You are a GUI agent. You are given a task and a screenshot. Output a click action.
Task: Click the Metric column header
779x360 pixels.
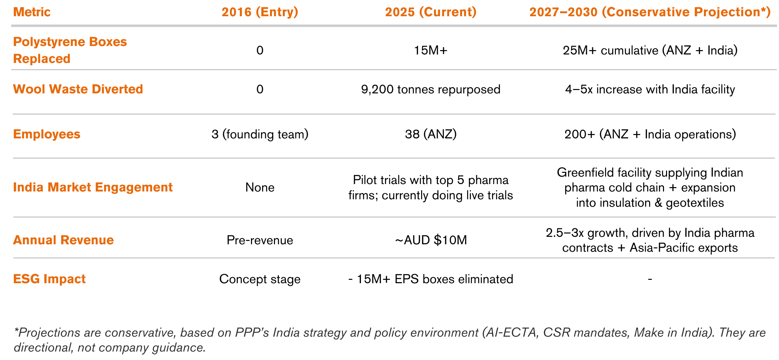coord(32,12)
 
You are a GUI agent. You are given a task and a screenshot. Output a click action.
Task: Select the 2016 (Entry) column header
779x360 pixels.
coord(260,12)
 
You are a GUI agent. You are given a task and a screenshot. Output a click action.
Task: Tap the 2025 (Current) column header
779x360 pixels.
coord(431,12)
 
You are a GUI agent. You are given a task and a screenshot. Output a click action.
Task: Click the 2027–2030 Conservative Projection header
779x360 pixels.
coord(650,12)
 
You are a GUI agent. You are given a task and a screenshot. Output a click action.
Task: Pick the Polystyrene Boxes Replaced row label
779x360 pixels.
coord(70,50)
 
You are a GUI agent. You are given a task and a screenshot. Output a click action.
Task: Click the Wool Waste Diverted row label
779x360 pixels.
coord(78,89)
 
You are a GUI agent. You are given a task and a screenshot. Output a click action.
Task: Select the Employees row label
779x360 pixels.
coord(47,134)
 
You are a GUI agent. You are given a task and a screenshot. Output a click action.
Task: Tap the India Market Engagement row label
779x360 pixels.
coord(93,187)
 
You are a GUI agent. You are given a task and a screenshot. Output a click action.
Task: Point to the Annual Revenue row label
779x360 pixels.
coord(63,240)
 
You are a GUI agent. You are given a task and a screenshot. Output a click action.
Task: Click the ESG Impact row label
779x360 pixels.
coord(49,279)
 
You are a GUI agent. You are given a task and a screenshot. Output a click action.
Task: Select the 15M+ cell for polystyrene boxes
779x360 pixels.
coord(431,50)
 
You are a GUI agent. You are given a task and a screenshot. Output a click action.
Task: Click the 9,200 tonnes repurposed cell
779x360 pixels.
coord(431,90)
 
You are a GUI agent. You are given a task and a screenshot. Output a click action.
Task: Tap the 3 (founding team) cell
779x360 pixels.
coord(260,134)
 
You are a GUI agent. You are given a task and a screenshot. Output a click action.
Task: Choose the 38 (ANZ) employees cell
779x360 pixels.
coord(431,134)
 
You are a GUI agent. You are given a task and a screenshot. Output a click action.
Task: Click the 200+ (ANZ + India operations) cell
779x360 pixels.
coord(650,134)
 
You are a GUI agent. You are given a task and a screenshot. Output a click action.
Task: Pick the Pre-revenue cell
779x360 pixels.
coord(260,240)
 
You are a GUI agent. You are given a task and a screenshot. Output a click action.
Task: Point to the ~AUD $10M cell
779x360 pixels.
coord(431,240)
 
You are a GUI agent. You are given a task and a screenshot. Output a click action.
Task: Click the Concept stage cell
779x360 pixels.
coord(260,279)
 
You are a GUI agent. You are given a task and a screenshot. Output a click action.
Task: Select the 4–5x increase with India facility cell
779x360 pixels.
coord(650,90)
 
